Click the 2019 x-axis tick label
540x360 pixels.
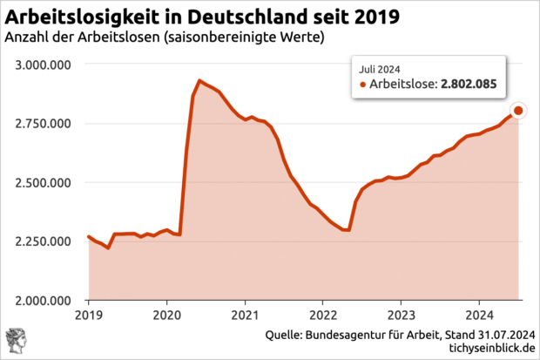click(x=89, y=315)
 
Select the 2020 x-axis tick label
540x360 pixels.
click(x=166, y=315)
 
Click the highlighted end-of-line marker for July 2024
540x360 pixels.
click(x=518, y=111)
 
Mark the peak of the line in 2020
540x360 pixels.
click(x=199, y=81)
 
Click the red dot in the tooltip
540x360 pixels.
click(x=363, y=85)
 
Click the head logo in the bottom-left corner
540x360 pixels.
click(x=15, y=340)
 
